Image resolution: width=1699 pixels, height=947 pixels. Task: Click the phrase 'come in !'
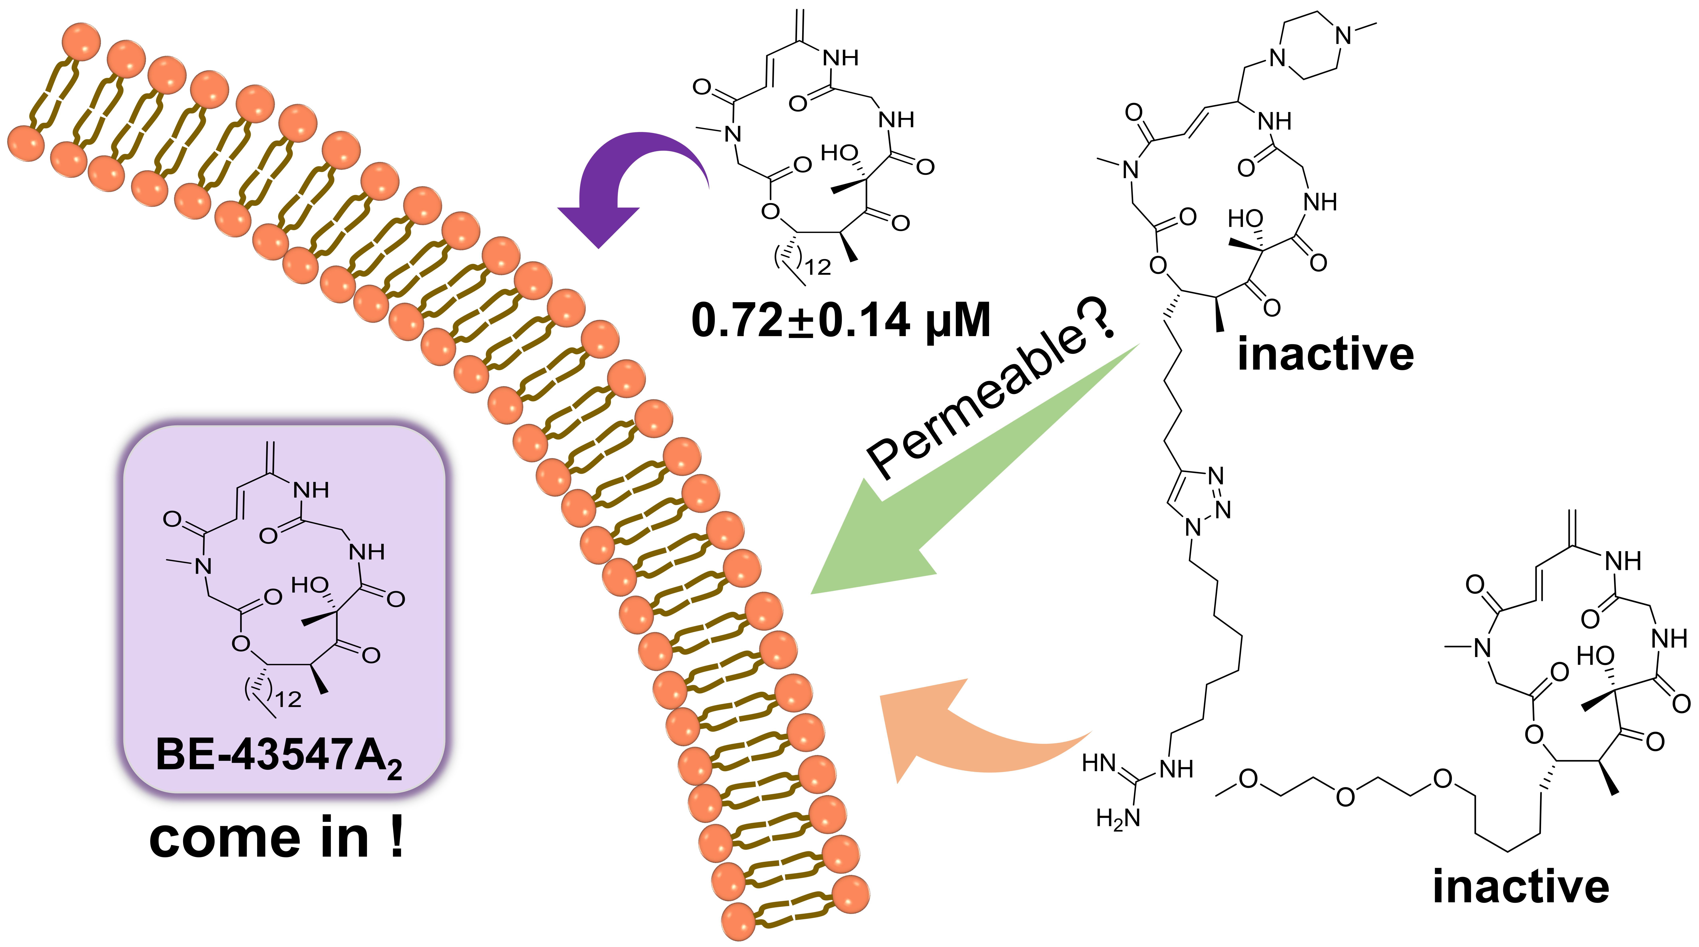[277, 839]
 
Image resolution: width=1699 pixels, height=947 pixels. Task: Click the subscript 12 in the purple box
[288, 699]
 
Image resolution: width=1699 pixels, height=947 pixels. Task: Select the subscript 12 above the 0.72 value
[818, 267]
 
